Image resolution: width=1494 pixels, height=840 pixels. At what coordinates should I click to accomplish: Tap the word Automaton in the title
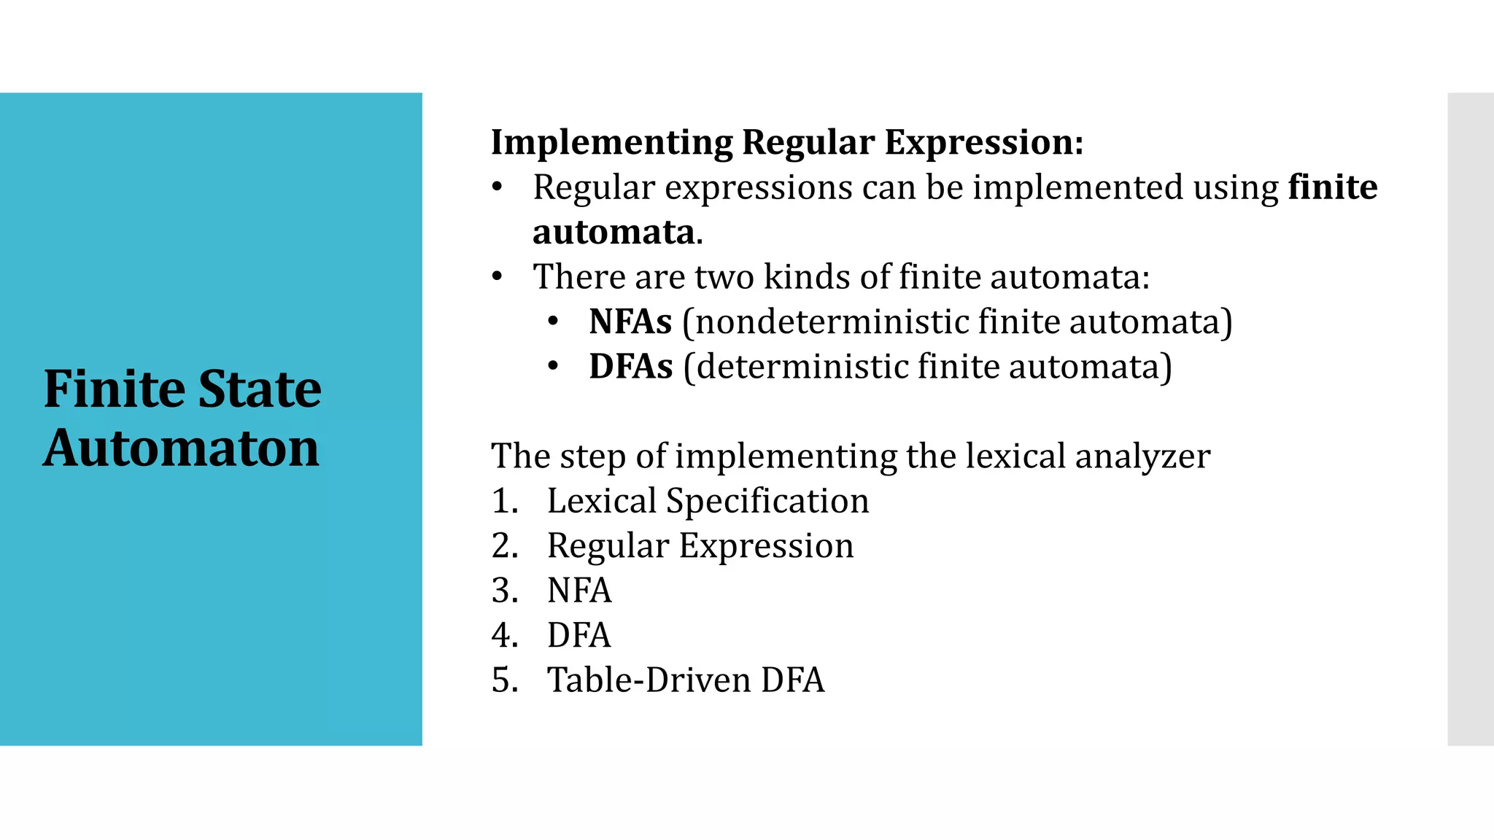[x=181, y=448]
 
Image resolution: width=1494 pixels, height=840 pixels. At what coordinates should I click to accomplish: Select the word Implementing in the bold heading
[x=611, y=142]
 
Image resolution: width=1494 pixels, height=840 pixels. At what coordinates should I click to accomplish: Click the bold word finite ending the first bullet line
[x=1332, y=187]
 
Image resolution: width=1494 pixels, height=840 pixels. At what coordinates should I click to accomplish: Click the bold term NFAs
[x=630, y=322]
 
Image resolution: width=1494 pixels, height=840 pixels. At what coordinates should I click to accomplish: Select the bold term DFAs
[x=631, y=366]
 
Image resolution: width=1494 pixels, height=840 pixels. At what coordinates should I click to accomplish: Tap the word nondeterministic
[x=831, y=322]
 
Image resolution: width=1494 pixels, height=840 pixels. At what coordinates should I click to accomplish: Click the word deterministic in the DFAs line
[x=802, y=366]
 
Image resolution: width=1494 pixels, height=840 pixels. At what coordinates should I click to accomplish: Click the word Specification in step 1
[x=767, y=501]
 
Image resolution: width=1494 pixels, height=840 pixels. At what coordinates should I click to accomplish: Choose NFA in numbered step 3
[x=579, y=591]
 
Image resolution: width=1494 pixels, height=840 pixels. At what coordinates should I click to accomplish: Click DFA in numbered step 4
[x=579, y=635]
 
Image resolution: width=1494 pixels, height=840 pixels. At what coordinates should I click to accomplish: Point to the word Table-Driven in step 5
[x=649, y=680]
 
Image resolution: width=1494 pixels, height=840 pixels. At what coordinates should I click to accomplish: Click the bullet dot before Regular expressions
[x=497, y=187]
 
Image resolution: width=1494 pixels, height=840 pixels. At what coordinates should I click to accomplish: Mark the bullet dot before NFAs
[x=553, y=322]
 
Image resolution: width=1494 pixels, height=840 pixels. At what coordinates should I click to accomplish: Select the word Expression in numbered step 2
[x=766, y=545]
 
